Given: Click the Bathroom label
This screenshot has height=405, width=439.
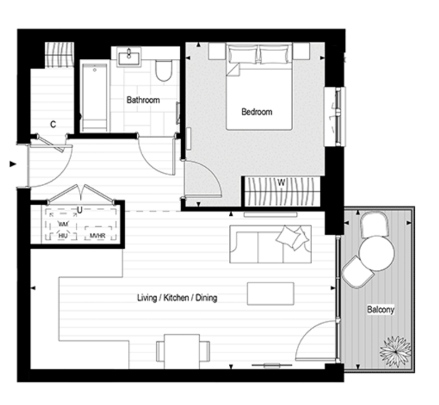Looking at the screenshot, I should [x=142, y=100].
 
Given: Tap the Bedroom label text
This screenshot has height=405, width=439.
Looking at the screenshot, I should [x=257, y=112].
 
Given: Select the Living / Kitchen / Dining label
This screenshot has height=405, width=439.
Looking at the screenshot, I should [x=176, y=298].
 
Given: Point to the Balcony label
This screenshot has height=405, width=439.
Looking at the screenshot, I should [x=380, y=309].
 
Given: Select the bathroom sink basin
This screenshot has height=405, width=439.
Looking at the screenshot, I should [x=132, y=55].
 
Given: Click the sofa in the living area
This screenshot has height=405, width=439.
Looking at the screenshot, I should [x=270, y=244].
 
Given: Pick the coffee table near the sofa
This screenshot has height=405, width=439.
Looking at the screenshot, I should [x=271, y=293].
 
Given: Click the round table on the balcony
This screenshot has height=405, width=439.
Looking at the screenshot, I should [x=377, y=252].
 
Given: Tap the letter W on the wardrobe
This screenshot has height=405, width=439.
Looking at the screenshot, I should [x=281, y=183].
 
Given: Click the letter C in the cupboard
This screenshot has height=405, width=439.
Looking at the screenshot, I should [x=53, y=124].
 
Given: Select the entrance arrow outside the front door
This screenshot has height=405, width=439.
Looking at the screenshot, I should [x=12, y=164].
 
